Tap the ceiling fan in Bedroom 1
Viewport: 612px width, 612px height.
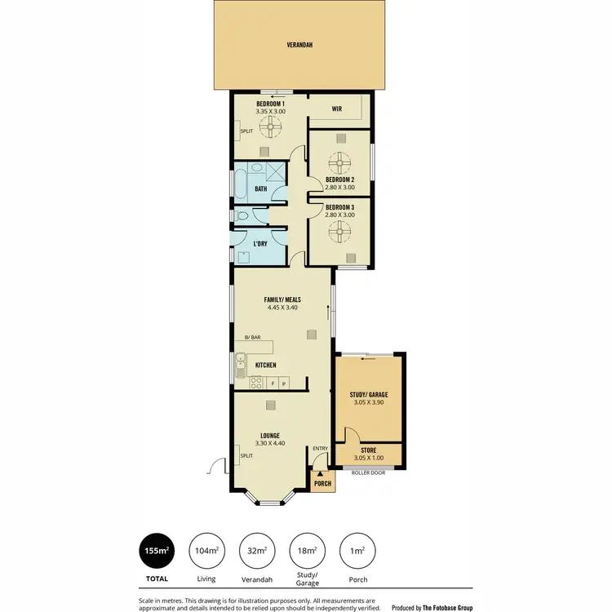point(269,126)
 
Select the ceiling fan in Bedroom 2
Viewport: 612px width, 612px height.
point(339,159)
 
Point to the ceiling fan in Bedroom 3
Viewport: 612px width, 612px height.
point(339,231)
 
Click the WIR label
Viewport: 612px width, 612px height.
point(336,108)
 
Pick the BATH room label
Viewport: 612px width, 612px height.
point(260,188)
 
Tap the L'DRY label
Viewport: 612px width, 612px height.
point(260,244)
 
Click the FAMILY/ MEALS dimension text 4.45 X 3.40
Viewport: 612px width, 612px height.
point(282,308)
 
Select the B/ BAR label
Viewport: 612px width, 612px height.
point(252,338)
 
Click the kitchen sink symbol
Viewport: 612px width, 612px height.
point(240,364)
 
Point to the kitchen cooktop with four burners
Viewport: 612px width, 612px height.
point(256,383)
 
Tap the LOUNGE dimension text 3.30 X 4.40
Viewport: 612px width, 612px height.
point(270,443)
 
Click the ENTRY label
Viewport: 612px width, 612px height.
point(319,448)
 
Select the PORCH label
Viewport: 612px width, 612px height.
point(322,484)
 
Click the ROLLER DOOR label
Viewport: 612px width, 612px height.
point(368,472)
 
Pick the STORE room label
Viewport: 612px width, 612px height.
point(369,450)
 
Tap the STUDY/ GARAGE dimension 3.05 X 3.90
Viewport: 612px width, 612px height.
point(369,402)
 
